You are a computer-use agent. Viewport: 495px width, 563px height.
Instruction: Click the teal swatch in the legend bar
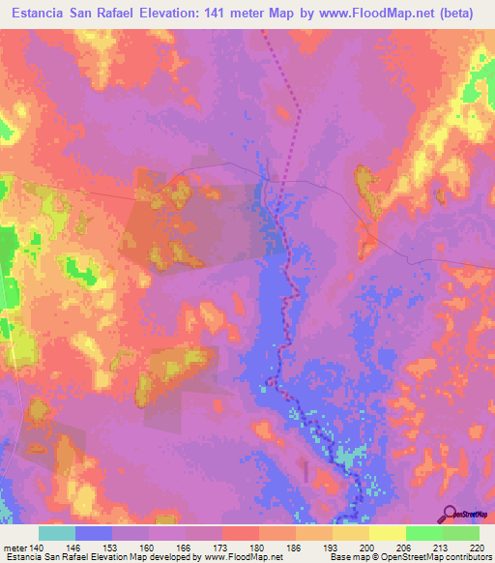pyautogui.click(x=57, y=533)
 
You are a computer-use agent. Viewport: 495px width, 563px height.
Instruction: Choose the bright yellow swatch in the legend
pyautogui.click(x=387, y=533)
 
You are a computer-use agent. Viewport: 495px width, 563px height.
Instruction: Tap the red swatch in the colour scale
pyautogui.click(x=240, y=533)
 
